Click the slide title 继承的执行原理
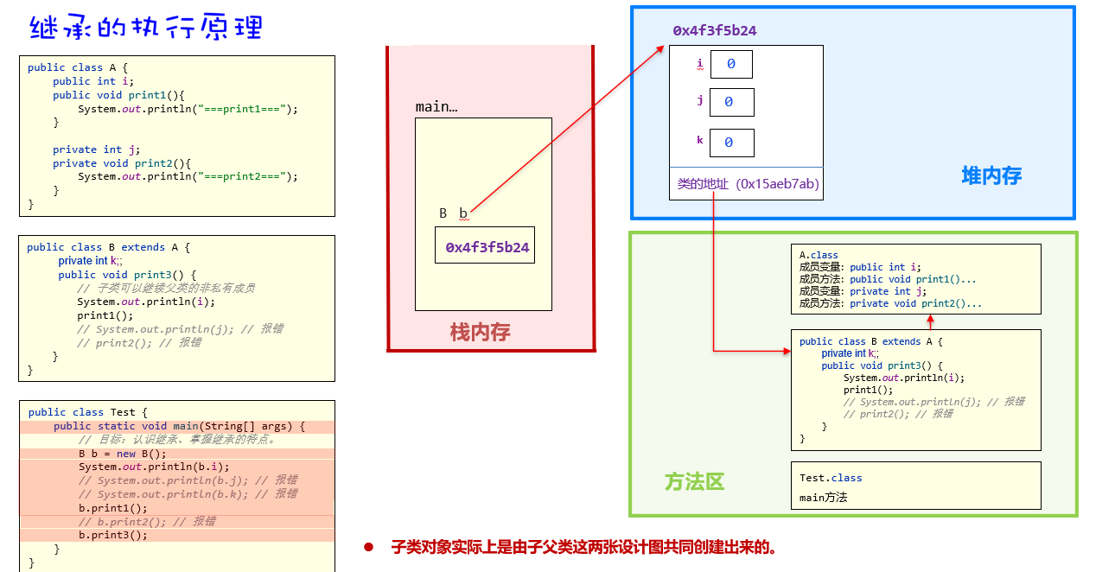tap(145, 28)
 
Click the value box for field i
tap(730, 64)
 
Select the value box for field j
tap(731, 102)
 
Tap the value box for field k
tap(731, 143)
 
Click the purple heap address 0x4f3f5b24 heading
tap(715, 30)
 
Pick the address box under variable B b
tap(484, 246)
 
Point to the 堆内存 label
tap(991, 176)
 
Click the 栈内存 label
tap(480, 332)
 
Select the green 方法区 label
tap(694, 481)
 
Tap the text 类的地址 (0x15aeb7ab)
tap(748, 184)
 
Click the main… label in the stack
tap(436, 106)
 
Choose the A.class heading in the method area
tap(819, 255)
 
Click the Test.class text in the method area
tap(831, 478)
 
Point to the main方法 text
tap(824, 497)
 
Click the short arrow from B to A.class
tap(930, 321)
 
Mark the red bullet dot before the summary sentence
tap(368, 547)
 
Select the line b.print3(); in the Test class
tap(113, 535)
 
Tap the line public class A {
tap(78, 67)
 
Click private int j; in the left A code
tap(96, 149)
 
